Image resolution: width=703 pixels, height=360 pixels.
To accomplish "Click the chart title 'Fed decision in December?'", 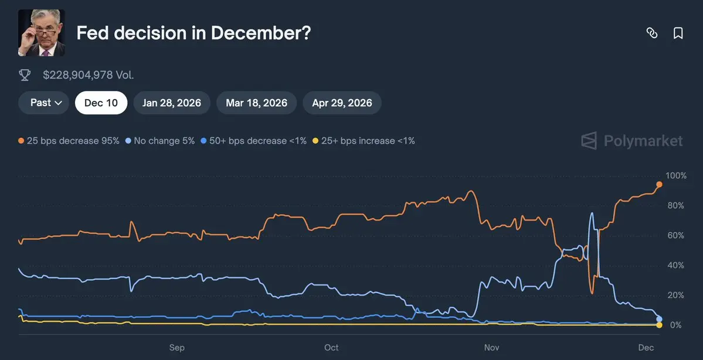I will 193,33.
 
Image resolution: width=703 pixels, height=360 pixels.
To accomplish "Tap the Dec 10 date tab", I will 101,103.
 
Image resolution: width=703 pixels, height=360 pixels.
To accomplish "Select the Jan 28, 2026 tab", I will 172,103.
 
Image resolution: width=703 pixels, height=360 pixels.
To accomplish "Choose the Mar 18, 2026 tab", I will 256,103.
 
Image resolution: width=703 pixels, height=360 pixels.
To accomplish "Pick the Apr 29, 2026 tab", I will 342,103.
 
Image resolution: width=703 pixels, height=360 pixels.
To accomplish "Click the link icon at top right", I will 651,33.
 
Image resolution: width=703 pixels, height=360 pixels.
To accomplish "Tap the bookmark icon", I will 678,33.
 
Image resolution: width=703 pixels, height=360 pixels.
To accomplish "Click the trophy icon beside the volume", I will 25,75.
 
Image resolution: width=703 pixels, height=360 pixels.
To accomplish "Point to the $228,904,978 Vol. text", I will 89,75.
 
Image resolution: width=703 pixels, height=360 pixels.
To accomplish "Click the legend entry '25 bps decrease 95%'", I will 69,141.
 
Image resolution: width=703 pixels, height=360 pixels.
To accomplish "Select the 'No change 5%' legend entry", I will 160,141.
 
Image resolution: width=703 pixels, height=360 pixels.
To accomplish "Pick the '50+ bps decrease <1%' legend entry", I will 253,141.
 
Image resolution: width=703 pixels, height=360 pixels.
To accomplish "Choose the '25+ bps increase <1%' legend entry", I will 364,141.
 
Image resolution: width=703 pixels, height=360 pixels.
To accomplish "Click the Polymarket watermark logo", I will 632,141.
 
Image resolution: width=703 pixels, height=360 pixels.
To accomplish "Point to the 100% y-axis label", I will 676,176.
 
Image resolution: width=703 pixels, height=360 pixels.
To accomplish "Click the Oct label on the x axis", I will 331,348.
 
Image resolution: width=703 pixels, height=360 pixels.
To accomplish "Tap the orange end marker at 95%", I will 659,185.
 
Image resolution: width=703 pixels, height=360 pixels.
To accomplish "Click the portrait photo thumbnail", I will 42,33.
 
